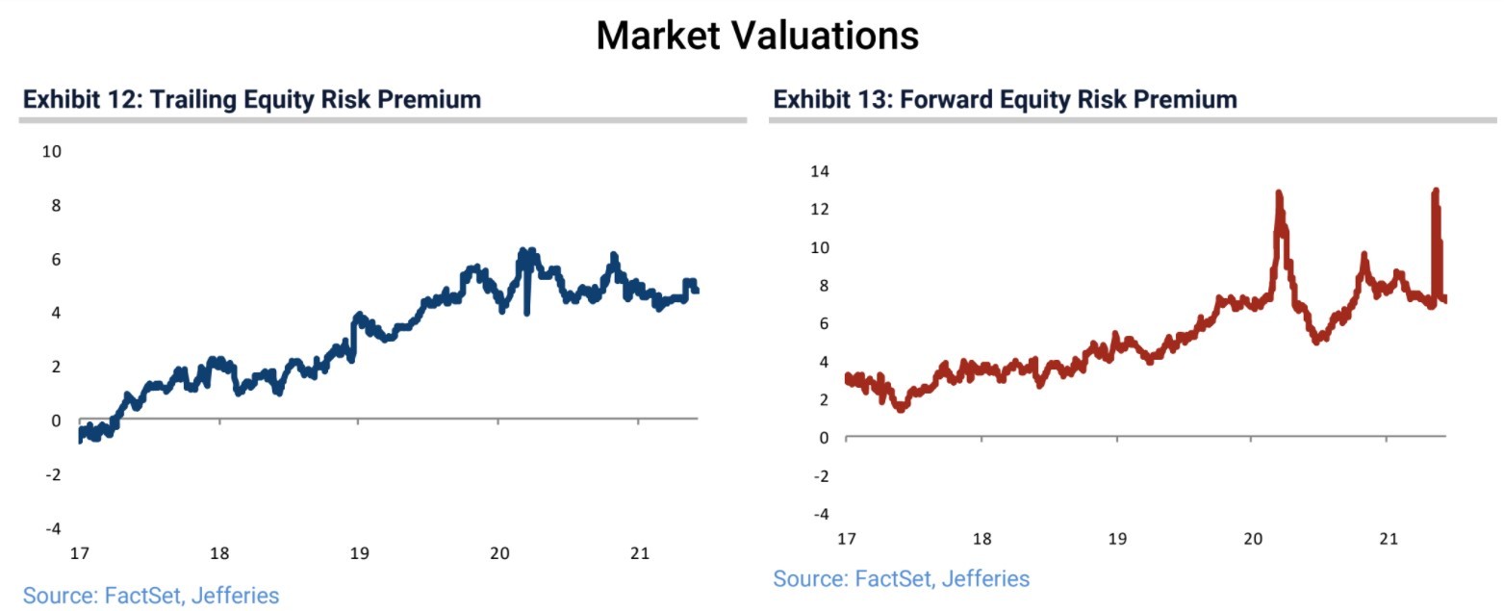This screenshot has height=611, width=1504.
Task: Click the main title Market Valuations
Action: coord(756,37)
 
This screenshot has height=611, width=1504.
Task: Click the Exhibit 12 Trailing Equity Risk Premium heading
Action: coord(252,99)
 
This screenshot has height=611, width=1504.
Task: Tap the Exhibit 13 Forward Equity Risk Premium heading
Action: coord(1005,99)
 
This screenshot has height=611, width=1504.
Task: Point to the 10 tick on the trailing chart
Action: coord(51,151)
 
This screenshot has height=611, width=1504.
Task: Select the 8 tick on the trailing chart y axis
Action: coord(55,205)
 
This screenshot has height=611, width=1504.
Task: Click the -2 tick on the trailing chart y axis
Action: coord(52,474)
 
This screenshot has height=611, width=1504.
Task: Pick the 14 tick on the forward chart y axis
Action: coord(819,171)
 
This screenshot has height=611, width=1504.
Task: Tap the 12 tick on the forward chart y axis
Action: coord(819,209)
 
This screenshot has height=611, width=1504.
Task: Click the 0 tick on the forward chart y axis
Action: coord(823,438)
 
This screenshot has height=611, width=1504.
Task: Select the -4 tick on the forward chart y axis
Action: coord(820,514)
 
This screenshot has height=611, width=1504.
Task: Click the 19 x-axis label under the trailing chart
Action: coord(359,553)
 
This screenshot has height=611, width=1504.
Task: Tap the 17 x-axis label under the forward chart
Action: coord(847,538)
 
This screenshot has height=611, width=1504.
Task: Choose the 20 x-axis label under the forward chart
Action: coord(1252,538)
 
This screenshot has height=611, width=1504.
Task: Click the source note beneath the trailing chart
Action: coord(151,596)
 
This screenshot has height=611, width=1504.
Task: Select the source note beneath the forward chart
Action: coord(901,578)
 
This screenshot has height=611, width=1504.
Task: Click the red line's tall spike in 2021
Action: coord(1436,191)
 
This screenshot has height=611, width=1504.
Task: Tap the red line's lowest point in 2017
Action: coord(901,408)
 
